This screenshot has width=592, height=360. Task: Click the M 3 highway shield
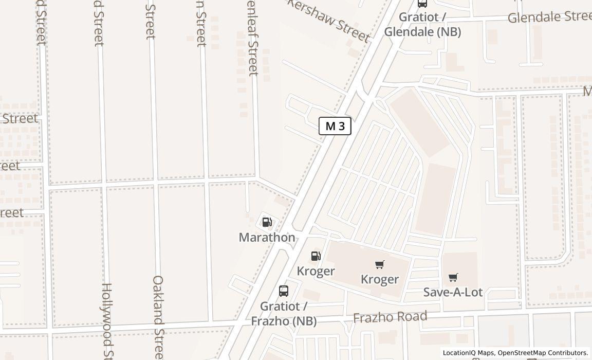pos(335,126)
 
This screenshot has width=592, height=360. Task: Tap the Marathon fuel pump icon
pos(267,222)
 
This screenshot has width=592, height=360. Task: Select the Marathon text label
pos(267,237)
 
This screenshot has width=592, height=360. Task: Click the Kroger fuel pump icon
pos(316,256)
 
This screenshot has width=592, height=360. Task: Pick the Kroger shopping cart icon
pos(380,264)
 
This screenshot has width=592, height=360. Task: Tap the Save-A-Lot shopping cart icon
pos(453,278)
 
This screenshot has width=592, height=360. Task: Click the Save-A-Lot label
pos(453,292)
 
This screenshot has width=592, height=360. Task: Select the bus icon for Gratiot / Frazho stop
pos(284,291)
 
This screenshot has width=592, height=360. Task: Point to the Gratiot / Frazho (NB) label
pos(284,314)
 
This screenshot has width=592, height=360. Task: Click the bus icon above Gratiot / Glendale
pos(422,3)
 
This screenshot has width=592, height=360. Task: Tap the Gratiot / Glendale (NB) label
pos(422,24)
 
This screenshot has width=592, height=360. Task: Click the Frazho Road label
pos(390,317)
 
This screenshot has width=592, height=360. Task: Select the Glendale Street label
pos(549,17)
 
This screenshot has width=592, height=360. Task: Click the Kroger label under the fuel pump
pos(316,271)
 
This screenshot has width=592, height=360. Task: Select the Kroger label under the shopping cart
pos(380,279)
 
